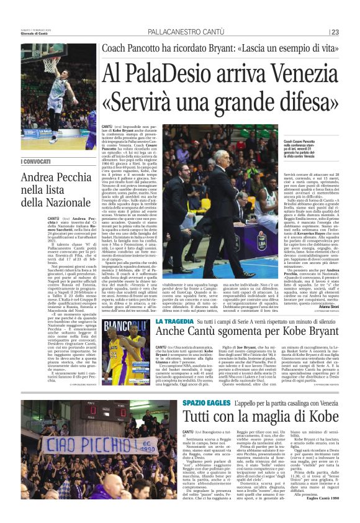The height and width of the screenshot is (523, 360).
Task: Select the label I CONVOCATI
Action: [x=37, y=163]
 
